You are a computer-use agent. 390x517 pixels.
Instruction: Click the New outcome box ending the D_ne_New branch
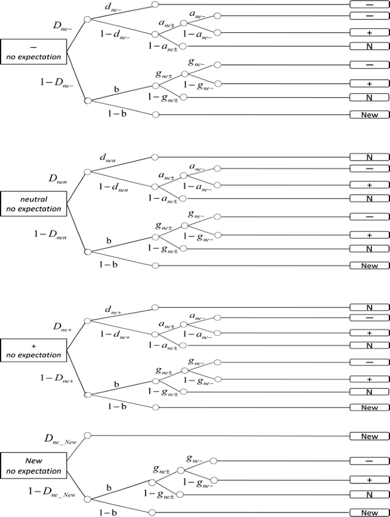pyautogui.click(x=370, y=437)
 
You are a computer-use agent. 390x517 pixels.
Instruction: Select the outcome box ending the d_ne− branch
pyautogui.click(x=370, y=5)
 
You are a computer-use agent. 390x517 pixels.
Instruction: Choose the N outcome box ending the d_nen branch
pyautogui.click(x=370, y=157)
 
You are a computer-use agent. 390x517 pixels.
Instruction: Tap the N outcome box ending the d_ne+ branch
pyautogui.click(x=370, y=307)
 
